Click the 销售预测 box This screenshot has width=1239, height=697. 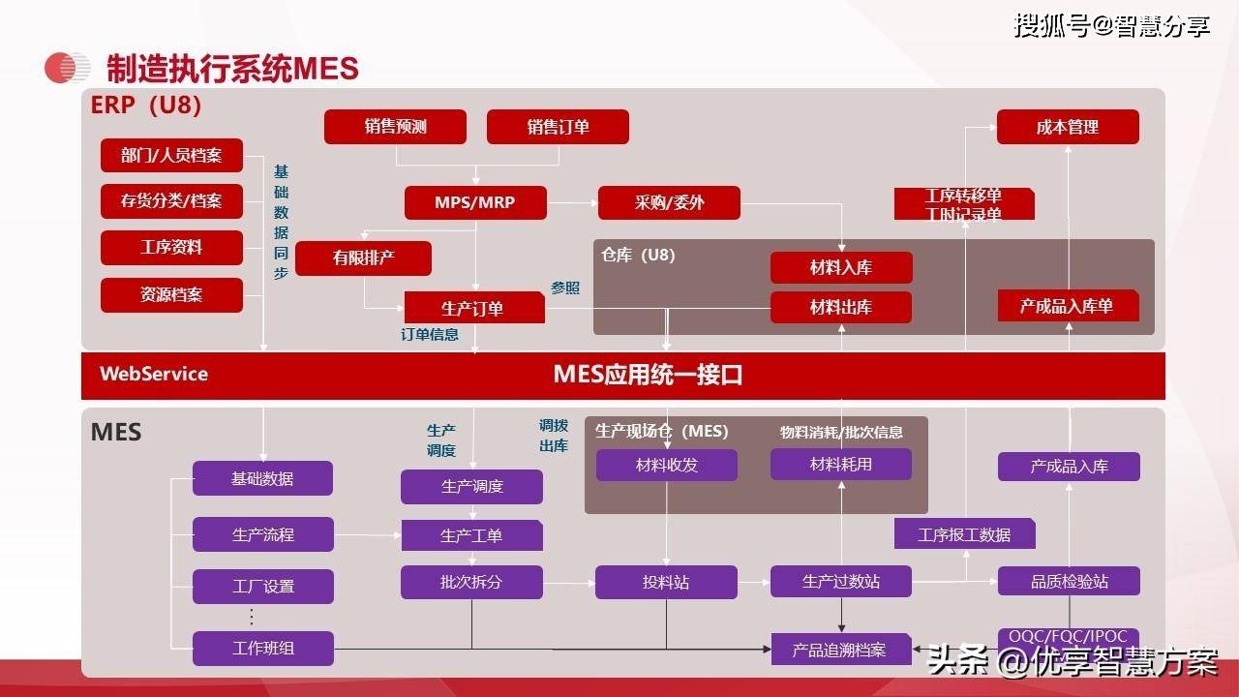pyautogui.click(x=395, y=127)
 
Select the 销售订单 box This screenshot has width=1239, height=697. pyautogui.click(x=558, y=127)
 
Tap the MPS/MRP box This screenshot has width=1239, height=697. pyautogui.click(x=474, y=202)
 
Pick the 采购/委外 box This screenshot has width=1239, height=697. pyautogui.click(x=669, y=202)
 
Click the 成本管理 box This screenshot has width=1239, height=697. pyautogui.click(x=1067, y=127)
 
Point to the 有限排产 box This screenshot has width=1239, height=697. pyautogui.click(x=363, y=258)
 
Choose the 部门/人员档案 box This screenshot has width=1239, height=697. pyautogui.click(x=171, y=155)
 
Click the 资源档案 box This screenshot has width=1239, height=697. pyautogui.click(x=171, y=294)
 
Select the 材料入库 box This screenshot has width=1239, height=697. pyautogui.click(x=840, y=268)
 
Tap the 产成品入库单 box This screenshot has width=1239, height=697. pyautogui.click(x=1068, y=306)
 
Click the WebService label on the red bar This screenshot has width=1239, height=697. pyautogui.click(x=154, y=375)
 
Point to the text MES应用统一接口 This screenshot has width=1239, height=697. pyautogui.click(x=648, y=375)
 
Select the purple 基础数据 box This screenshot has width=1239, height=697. pyautogui.click(x=262, y=478)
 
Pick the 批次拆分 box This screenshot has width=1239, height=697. pyautogui.click(x=471, y=582)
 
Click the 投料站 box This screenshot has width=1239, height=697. pyautogui.click(x=666, y=582)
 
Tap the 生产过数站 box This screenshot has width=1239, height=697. pyautogui.click(x=840, y=582)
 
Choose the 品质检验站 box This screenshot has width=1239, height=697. pyautogui.click(x=1069, y=582)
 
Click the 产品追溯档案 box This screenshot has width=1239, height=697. pyautogui.click(x=840, y=650)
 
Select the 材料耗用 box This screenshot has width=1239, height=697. pyautogui.click(x=840, y=465)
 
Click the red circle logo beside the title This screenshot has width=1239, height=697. pyautogui.click(x=67, y=68)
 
